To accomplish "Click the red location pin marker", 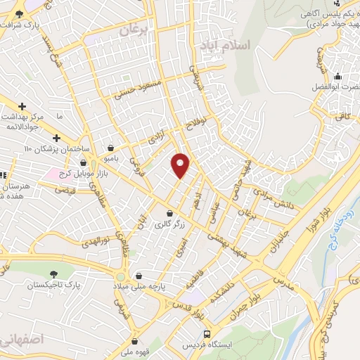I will coord(181,165).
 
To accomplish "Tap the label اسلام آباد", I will coord(225,46).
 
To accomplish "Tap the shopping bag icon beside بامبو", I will coord(112,148).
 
